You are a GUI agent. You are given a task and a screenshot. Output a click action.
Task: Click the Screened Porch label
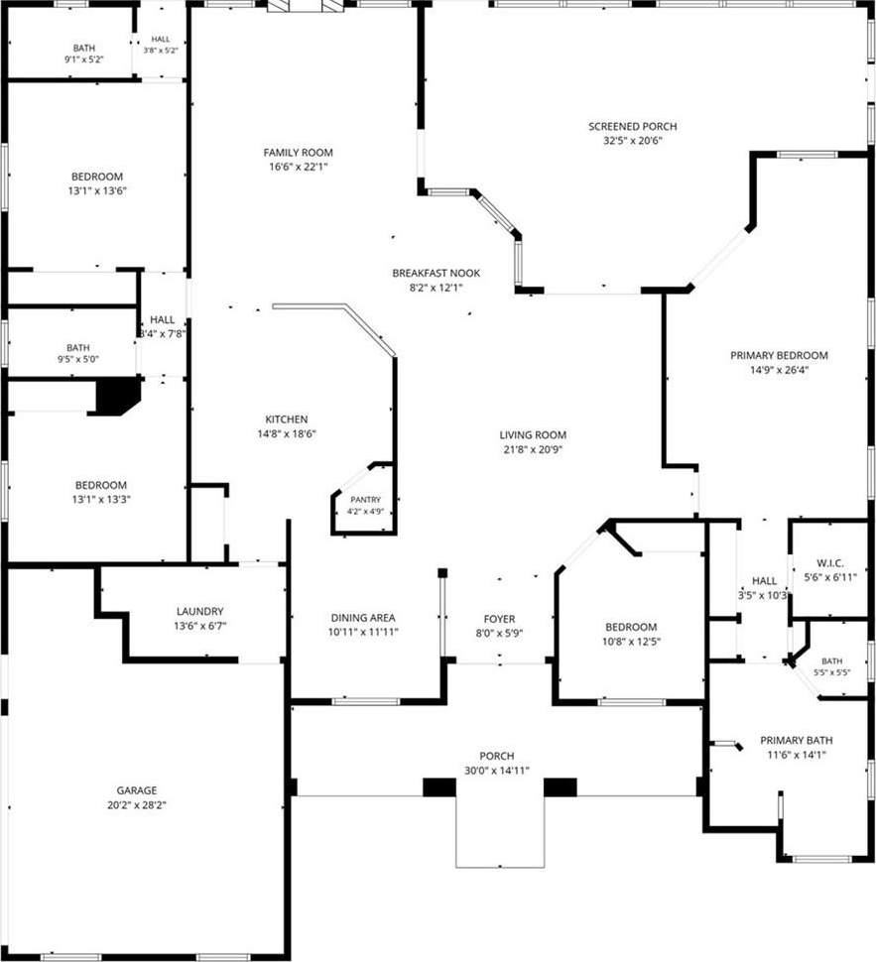click(x=632, y=126)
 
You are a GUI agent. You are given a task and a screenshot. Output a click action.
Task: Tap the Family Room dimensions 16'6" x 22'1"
click(x=298, y=167)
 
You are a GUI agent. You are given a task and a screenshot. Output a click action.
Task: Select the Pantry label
click(x=365, y=500)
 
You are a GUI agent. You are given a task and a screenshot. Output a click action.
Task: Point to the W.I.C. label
click(x=830, y=562)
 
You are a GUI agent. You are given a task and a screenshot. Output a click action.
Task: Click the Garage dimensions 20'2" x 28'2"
click(x=137, y=805)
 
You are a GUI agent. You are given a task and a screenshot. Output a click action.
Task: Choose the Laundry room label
click(x=199, y=611)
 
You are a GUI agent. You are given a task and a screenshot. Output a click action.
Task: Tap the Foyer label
click(x=499, y=619)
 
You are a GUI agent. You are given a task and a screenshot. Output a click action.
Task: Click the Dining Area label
click(x=363, y=618)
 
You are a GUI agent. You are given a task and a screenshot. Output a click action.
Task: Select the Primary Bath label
click(x=797, y=741)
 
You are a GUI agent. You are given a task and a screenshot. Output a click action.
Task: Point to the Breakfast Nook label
click(x=436, y=273)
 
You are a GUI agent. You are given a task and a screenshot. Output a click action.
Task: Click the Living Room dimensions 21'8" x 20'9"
click(x=533, y=449)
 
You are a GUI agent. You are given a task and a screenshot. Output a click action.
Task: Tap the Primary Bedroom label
click(x=779, y=355)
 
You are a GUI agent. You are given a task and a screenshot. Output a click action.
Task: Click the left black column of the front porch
click(x=439, y=787)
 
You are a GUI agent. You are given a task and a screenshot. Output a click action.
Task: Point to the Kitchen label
click(x=286, y=420)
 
